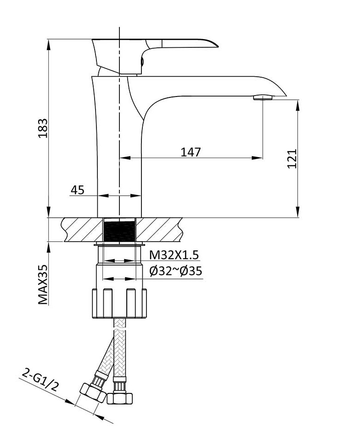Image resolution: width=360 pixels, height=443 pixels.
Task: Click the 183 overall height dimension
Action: (43, 128)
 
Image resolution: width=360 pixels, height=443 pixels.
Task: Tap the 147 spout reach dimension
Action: (191, 152)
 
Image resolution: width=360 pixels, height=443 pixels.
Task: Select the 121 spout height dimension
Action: (292, 159)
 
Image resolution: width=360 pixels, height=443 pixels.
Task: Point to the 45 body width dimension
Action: (77, 190)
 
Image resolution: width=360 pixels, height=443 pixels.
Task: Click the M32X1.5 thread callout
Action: (174, 255)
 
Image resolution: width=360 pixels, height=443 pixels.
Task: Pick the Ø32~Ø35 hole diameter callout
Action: (175, 271)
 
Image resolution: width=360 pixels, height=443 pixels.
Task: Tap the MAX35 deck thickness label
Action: (43, 284)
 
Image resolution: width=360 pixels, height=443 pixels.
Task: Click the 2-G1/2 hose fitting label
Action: (40, 381)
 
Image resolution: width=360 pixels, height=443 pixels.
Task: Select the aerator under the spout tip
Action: (263, 98)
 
